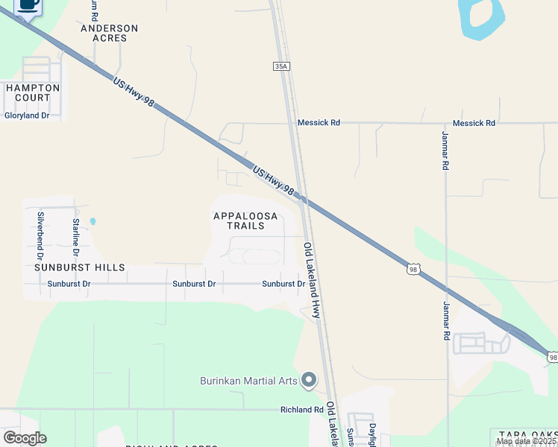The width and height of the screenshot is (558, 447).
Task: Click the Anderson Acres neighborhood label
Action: pyautogui.click(x=110, y=33)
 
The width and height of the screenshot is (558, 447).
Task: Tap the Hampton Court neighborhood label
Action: pyautogui.click(x=32, y=92)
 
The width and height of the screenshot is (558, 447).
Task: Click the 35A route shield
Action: pyautogui.click(x=280, y=66)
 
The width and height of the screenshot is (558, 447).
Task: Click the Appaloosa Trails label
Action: pyautogui.click(x=245, y=221)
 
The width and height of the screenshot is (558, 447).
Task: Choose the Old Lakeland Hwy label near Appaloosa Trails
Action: pyautogui.click(x=311, y=280)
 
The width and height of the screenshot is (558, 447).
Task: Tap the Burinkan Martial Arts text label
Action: pyautogui.click(x=248, y=381)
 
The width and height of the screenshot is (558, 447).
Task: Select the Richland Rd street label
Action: pyautogui.click(x=302, y=409)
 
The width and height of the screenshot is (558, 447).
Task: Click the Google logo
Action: pyautogui.click(x=25, y=438)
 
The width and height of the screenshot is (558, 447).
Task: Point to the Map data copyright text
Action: pyautogui.click(x=526, y=441)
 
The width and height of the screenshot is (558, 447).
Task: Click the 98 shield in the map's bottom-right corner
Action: pyautogui.click(x=552, y=358)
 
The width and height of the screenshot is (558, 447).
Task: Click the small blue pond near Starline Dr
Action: pyautogui.click(x=93, y=221)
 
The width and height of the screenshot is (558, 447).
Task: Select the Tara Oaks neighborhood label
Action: pyautogui.click(x=523, y=434)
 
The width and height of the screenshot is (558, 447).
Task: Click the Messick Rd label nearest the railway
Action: pyautogui.click(x=319, y=122)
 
